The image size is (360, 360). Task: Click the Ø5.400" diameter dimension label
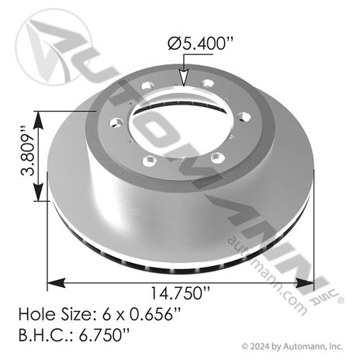tap(200, 43)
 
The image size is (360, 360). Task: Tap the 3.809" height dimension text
tap(27, 151)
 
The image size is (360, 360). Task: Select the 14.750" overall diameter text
tap(180, 293)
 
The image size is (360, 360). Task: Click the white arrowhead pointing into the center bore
tap(183, 78)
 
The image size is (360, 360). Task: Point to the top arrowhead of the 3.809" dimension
tap(39, 120)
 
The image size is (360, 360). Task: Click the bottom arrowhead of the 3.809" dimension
tap(39, 192)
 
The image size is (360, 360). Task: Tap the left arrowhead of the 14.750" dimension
tap(56, 283)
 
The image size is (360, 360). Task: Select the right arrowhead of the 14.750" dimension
tap(305, 283)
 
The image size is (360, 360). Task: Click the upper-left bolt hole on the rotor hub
tap(147, 85)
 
